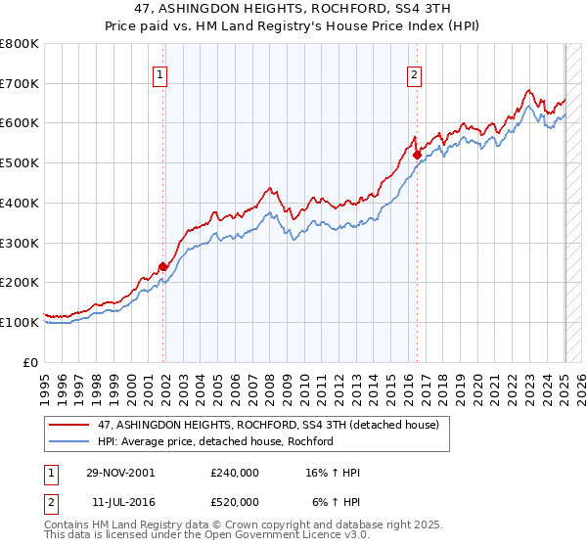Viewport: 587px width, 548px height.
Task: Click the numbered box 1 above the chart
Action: pyautogui.click(x=159, y=72)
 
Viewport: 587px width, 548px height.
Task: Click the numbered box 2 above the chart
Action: pyautogui.click(x=414, y=72)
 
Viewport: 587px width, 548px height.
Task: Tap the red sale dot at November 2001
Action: pyautogui.click(x=163, y=266)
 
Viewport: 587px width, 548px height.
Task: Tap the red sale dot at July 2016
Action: pyautogui.click(x=417, y=155)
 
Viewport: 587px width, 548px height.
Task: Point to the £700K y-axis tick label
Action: pyautogui.click(x=20, y=84)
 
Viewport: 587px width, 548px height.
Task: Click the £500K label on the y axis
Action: pyautogui.click(x=20, y=163)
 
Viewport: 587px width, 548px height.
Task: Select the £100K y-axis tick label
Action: pyautogui.click(x=20, y=322)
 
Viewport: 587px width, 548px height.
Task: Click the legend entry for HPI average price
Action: pyautogui.click(x=215, y=441)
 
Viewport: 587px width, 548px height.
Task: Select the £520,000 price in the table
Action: pyautogui.click(x=235, y=502)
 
